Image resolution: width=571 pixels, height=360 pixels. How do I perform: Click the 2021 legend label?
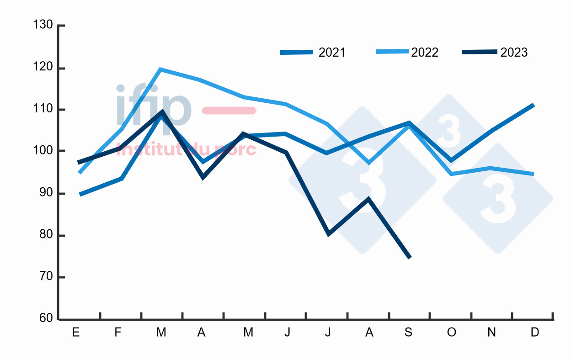coord(332,53)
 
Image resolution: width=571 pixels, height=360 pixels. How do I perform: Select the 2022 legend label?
coord(425,53)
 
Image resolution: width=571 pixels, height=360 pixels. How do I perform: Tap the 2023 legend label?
coord(514,53)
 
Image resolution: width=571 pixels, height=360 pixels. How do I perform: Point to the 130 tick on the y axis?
coord(43,25)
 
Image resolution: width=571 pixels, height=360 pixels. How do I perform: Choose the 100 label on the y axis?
coord(43,151)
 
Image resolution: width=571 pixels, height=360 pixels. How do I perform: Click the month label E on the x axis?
coord(76,333)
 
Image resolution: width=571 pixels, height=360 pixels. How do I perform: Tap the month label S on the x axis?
coord(409,333)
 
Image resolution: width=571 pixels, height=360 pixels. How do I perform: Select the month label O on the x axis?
coord(451,333)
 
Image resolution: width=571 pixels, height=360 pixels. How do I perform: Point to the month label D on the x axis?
coord(534,333)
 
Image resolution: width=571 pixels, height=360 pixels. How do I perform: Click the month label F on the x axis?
coord(118,333)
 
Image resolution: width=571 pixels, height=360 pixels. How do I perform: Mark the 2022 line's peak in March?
coord(160,69)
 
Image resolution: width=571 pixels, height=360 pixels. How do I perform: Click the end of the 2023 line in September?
coord(410,258)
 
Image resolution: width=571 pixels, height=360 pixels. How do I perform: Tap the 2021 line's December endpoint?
coord(533,105)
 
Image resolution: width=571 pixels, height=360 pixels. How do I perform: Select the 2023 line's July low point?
coord(328,235)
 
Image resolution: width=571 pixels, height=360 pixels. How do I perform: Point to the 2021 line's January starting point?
coord(80,195)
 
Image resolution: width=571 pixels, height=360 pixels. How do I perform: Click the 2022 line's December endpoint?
coord(533,174)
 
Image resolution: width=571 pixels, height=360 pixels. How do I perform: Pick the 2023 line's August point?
coord(368,198)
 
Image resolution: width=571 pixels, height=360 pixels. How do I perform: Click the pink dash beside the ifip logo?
coord(229,111)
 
